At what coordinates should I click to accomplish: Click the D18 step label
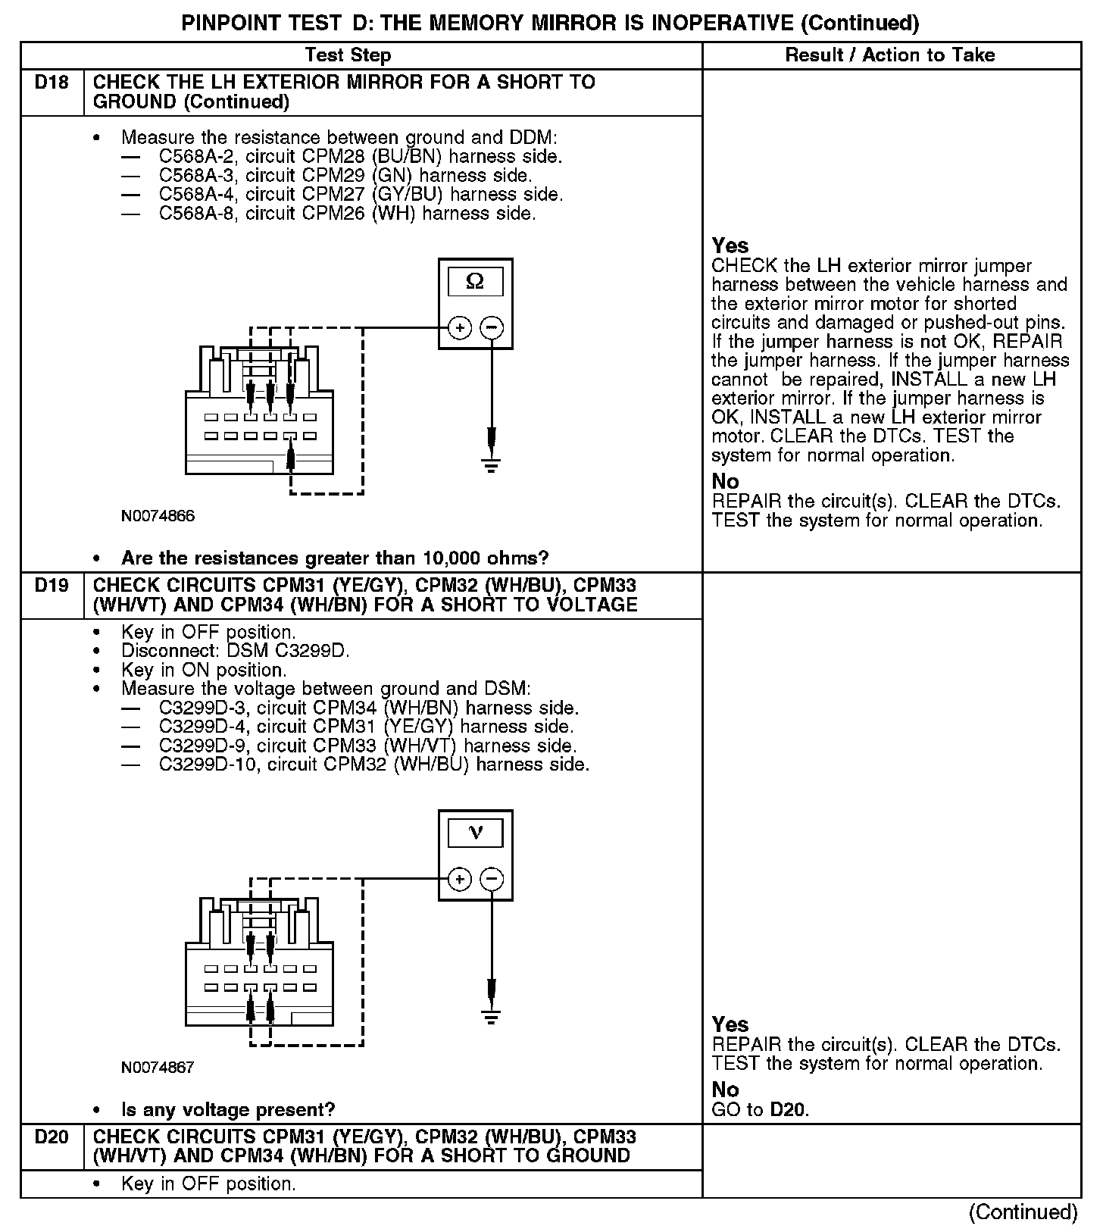[52, 82]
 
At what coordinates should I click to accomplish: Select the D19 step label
[52, 585]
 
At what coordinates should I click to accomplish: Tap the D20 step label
[52, 1137]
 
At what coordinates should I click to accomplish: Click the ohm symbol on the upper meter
[476, 282]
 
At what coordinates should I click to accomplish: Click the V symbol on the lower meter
[476, 833]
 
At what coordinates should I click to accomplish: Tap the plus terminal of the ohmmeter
[460, 328]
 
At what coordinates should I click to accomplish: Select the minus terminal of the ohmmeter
[492, 328]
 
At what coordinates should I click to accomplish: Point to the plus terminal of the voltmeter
[460, 880]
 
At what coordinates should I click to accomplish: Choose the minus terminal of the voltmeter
[492, 880]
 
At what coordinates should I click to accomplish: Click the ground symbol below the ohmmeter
[492, 464]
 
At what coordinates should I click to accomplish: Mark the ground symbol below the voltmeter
[492, 1016]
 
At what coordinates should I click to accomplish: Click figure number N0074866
[158, 517]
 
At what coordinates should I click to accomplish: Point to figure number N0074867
[158, 1068]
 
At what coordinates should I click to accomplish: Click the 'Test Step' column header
[348, 55]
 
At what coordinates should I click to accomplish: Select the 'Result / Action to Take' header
[890, 55]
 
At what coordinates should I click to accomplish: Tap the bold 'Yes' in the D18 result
[730, 246]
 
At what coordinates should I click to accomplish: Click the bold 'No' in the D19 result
[725, 1090]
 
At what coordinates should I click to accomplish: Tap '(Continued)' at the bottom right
[1023, 1212]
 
